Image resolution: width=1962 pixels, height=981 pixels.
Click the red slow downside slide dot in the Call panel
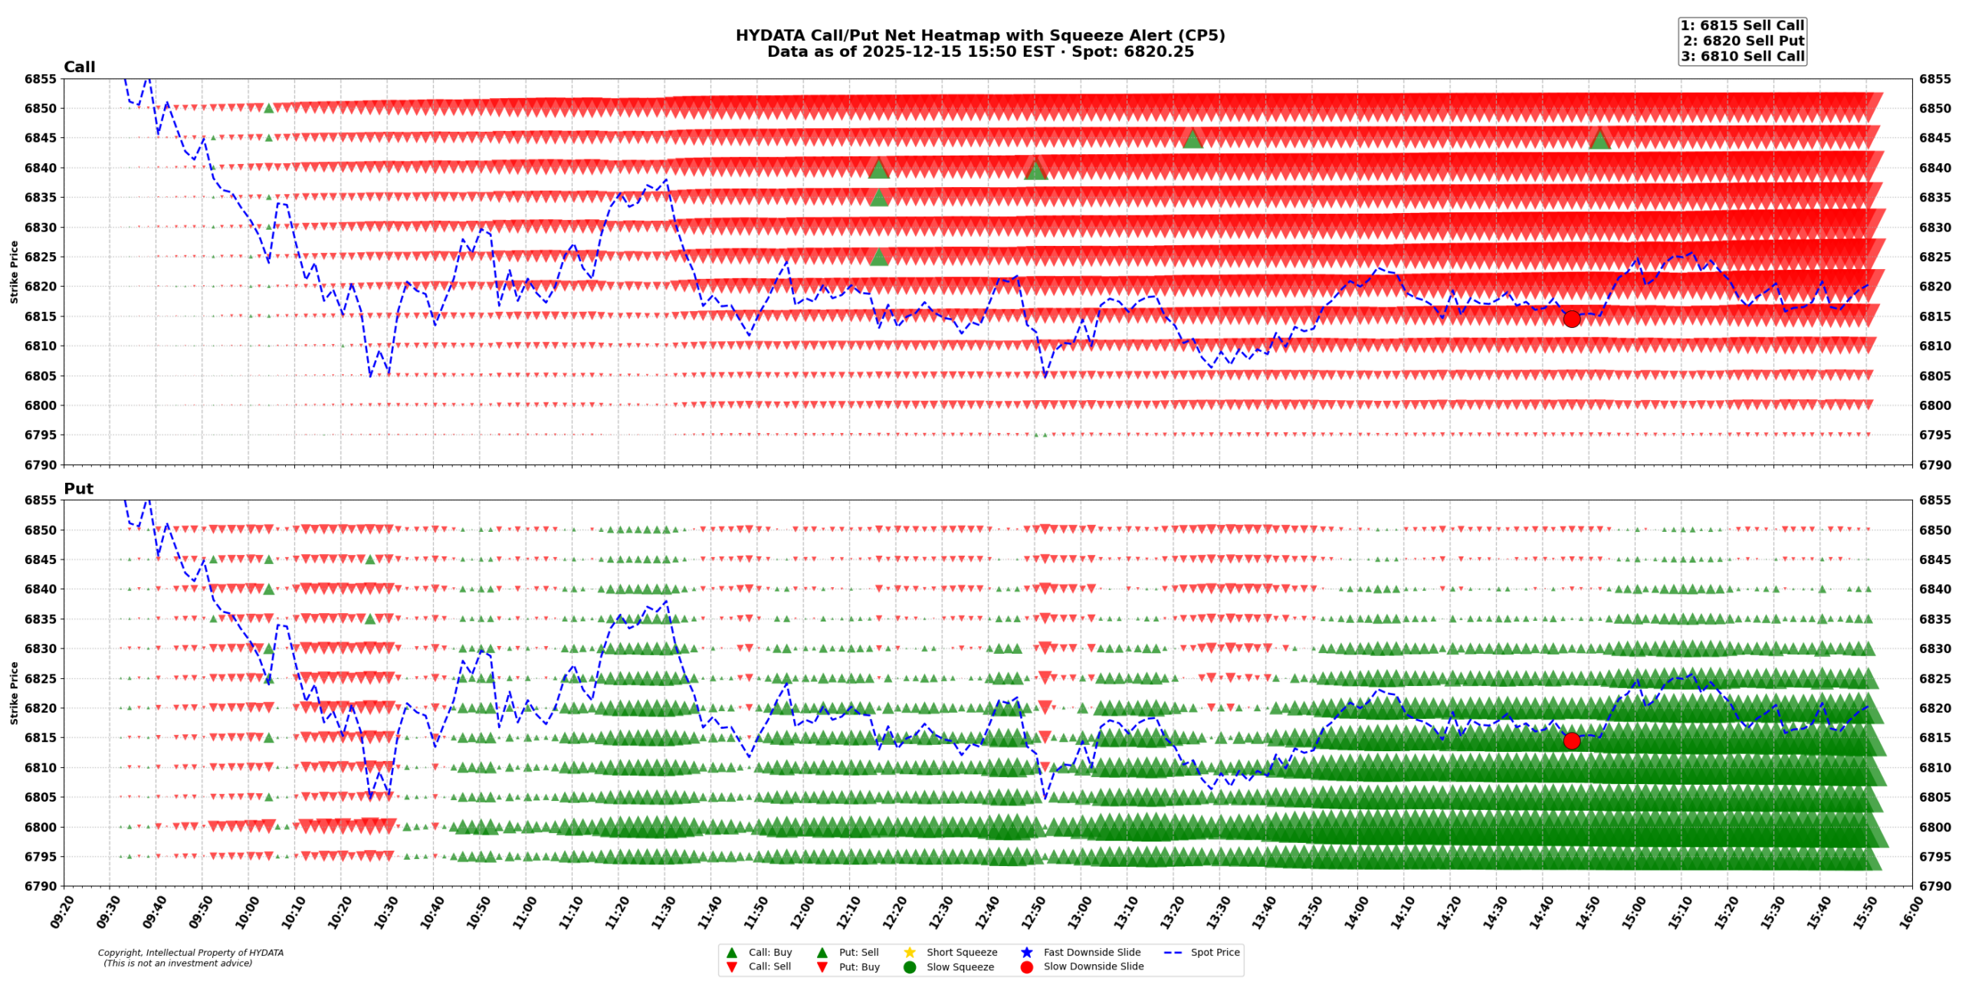point(1571,319)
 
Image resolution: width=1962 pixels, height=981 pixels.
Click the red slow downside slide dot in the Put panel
point(1571,740)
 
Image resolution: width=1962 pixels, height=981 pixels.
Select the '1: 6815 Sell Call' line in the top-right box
point(1742,25)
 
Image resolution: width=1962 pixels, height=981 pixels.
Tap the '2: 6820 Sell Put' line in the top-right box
point(1743,41)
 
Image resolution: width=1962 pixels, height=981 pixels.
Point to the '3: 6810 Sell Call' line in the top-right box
point(1742,56)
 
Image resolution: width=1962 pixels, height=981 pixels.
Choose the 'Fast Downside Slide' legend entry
point(1091,952)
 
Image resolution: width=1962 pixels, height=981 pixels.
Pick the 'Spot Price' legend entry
point(1214,952)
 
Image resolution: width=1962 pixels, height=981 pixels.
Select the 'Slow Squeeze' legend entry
point(960,966)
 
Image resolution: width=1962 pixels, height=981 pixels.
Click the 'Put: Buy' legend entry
point(858,966)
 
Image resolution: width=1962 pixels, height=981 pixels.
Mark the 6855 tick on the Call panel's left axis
point(40,79)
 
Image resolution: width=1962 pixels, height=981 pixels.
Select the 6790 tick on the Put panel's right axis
point(1934,886)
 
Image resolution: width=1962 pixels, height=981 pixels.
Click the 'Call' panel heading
point(79,67)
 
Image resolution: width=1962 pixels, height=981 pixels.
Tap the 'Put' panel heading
point(78,488)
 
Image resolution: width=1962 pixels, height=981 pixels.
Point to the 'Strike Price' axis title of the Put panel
point(14,693)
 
